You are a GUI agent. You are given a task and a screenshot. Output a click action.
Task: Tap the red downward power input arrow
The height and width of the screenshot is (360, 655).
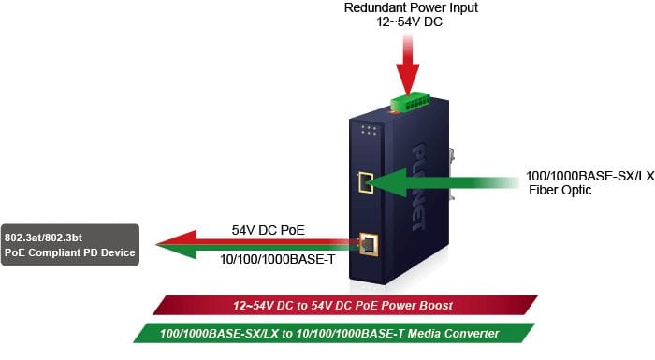(x=408, y=65)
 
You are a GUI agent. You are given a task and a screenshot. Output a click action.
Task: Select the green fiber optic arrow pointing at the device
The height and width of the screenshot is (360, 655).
(x=443, y=182)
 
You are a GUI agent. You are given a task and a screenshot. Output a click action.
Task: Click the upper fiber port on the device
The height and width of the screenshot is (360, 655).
(x=366, y=182)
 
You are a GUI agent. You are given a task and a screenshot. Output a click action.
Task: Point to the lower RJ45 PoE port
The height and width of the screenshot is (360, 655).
(x=369, y=244)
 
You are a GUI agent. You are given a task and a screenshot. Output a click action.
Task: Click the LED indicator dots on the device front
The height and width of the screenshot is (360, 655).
(x=369, y=130)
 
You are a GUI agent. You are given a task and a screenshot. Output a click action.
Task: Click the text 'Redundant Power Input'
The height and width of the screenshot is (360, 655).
(x=411, y=7)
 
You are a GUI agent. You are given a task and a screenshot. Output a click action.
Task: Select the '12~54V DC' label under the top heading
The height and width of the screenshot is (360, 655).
(x=410, y=22)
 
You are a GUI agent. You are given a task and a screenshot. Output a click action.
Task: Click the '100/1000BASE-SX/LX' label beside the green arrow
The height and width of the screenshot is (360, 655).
(x=590, y=176)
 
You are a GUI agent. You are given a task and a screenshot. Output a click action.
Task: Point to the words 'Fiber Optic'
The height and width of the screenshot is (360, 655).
(x=560, y=190)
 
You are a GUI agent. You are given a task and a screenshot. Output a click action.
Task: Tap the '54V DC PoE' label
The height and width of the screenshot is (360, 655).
(x=269, y=230)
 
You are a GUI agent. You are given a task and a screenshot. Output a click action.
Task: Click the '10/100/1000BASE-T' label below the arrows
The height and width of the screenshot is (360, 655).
(x=277, y=259)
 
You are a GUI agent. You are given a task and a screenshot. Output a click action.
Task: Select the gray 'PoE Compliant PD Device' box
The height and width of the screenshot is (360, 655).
(x=70, y=245)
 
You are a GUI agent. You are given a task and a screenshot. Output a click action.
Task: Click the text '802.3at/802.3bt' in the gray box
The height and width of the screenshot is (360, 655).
(x=43, y=238)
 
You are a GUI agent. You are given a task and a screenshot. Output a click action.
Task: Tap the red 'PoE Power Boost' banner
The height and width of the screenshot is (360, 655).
(x=345, y=305)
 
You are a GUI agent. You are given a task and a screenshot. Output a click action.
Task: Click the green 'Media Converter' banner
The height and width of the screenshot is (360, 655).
(x=334, y=333)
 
